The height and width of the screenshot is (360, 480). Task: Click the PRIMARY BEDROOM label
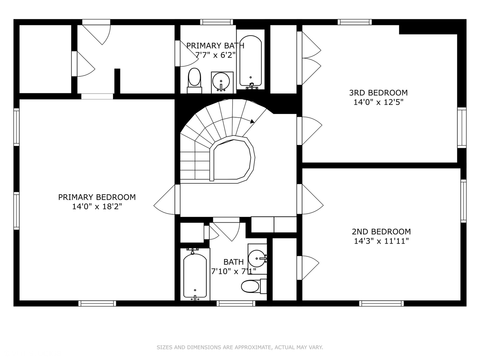pos(97,197)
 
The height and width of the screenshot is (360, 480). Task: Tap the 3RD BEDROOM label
pos(378,93)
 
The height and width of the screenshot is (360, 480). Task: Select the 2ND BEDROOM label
pos(381,231)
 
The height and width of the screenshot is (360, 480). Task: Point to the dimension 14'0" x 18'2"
pos(97,207)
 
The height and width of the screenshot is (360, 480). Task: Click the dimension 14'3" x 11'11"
pos(381,241)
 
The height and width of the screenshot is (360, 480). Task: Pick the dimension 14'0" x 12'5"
pos(378,102)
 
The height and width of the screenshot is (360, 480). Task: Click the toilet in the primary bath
pos(194,81)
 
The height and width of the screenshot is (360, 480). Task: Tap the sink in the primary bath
pos(222,82)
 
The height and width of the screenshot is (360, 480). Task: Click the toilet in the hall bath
pos(254,286)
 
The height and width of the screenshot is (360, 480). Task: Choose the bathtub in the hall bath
pos(195,275)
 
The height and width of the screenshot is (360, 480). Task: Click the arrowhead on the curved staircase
pos(252,121)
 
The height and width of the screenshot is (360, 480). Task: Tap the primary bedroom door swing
pos(164,199)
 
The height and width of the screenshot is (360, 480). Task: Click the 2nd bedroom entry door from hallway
pos(310,199)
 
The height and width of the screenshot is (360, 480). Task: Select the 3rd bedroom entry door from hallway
pos(309,131)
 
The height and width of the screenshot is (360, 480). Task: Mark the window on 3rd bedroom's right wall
pos(462,128)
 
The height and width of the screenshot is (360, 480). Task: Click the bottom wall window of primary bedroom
pos(97,303)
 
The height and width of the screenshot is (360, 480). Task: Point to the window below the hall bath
pos(236,303)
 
